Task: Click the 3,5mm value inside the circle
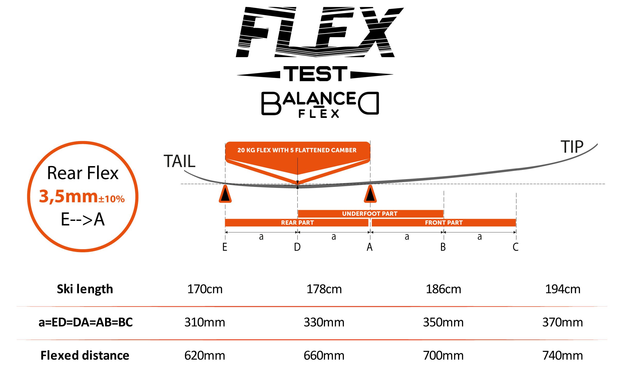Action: pyautogui.click(x=68, y=196)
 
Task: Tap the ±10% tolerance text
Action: pyautogui.click(x=112, y=199)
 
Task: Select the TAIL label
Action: pyautogui.click(x=179, y=161)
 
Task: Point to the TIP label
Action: pyautogui.click(x=572, y=147)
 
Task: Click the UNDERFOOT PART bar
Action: pyautogui.click(x=370, y=214)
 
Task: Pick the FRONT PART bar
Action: pyautogui.click(x=443, y=223)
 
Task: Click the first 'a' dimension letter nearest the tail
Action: pyautogui.click(x=261, y=237)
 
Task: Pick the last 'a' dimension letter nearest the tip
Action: pyautogui.click(x=480, y=237)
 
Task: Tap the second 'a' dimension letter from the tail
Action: pyautogui.click(x=334, y=237)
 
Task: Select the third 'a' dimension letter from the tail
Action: pyautogui.click(x=407, y=237)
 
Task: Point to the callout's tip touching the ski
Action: pyautogui.click(x=298, y=184)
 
